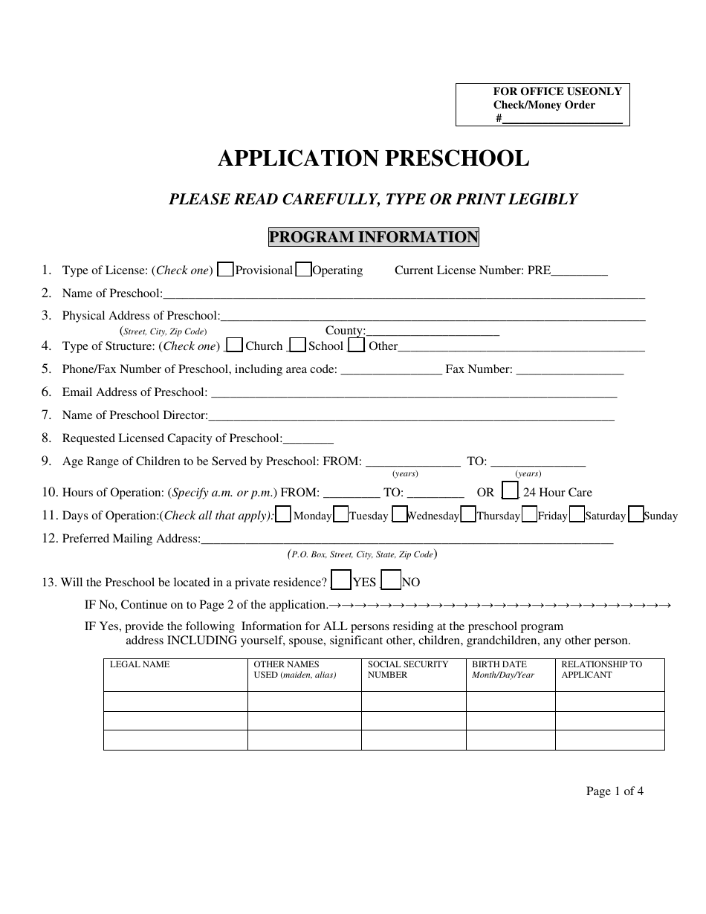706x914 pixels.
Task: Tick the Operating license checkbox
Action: (x=303, y=270)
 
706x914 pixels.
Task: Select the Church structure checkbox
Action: (x=234, y=345)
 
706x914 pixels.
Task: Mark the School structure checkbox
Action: (x=297, y=345)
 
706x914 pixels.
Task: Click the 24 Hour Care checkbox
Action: (x=510, y=491)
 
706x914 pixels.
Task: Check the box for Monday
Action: (x=283, y=515)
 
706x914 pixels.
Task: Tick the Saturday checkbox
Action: (x=576, y=515)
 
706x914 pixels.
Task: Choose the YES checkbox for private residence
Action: (x=341, y=580)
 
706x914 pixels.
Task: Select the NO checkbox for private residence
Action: (x=391, y=580)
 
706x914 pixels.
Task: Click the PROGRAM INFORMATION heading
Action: (x=373, y=237)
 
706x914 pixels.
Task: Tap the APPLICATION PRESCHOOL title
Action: (x=373, y=158)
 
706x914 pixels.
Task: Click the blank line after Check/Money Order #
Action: (x=563, y=119)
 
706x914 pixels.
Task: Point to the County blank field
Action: (x=433, y=331)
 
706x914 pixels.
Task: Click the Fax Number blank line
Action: (x=569, y=370)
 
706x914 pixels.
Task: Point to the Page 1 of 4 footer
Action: (x=615, y=791)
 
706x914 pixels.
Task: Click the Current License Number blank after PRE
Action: (x=580, y=271)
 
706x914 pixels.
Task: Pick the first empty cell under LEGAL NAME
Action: (x=175, y=701)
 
